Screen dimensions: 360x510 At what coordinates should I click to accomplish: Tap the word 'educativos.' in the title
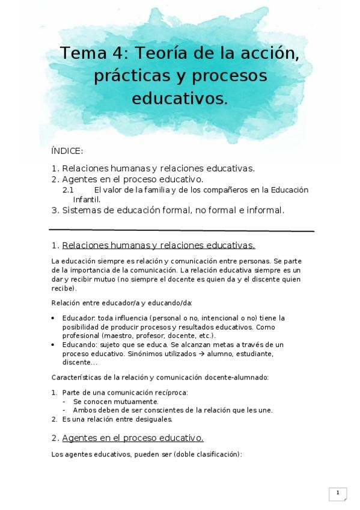180,98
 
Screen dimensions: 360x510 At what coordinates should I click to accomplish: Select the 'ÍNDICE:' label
67,152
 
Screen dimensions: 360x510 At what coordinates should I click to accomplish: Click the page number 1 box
338,494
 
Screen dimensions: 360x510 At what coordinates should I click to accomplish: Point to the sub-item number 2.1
68,190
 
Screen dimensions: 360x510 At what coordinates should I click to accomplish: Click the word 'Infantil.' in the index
87,199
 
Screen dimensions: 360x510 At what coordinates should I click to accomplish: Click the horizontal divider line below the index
181,230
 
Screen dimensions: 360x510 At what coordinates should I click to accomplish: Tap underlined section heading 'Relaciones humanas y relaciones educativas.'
159,245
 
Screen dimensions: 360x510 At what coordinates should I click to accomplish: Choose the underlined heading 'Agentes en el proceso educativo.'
133,438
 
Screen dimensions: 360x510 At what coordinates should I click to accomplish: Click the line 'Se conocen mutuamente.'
116,401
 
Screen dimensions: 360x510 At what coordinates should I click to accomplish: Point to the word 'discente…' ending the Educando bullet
79,363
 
